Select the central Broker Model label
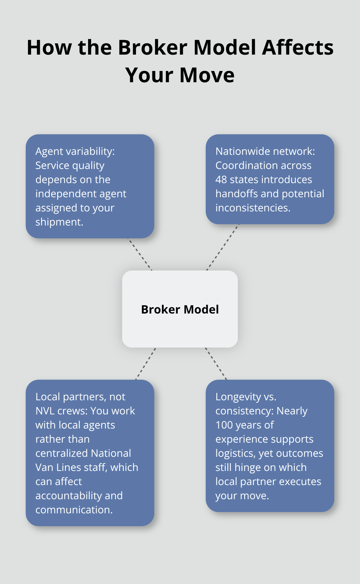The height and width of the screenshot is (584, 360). pos(180,309)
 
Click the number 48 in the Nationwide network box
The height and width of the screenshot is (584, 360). pos(221,180)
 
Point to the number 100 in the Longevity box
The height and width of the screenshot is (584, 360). pos(224,425)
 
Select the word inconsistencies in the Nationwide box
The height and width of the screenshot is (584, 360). pos(252,208)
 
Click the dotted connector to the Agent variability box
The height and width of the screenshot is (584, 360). pos(140,254)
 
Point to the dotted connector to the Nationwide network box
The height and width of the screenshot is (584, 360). pos(222,247)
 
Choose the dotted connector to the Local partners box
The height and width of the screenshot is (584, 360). pos(146,364)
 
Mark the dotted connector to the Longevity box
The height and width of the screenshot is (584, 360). pos(216,364)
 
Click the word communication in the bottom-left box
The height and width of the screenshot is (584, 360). pos(74,510)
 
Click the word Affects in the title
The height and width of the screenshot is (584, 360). pos(298,48)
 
